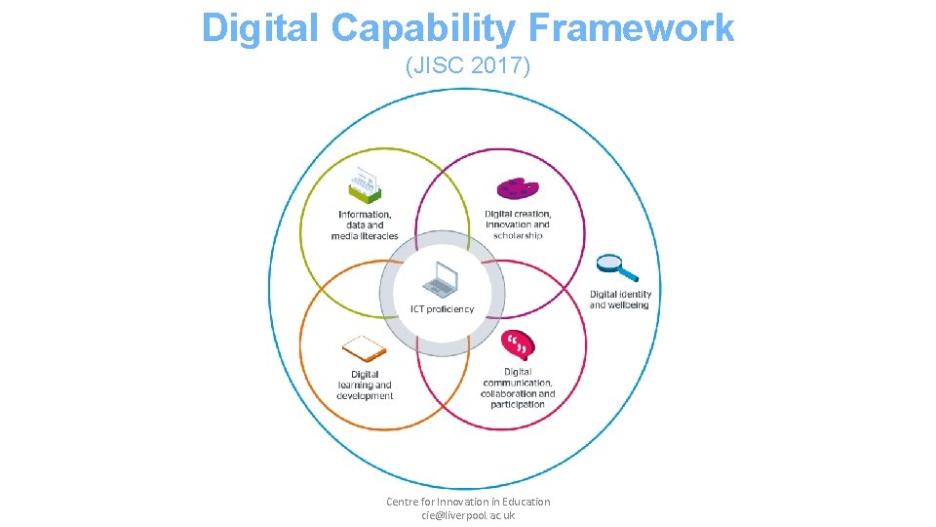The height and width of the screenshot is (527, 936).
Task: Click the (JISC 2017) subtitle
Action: [468, 66]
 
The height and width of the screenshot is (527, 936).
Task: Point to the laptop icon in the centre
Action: [441, 280]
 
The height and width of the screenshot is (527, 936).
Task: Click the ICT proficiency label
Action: [442, 309]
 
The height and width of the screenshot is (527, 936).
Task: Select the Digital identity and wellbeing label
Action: [620, 300]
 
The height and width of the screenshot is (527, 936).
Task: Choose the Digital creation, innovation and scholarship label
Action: [518, 224]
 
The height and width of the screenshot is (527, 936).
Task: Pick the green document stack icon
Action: [364, 186]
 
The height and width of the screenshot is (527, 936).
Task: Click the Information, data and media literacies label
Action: [365, 224]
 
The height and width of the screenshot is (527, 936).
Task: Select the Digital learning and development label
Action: [365, 385]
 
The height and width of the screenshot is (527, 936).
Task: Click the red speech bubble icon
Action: [518, 345]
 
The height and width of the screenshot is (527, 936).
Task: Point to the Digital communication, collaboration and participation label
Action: [518, 387]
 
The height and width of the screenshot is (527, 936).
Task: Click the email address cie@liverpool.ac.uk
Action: [468, 515]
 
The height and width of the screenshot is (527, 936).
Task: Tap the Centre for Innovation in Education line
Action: [468, 502]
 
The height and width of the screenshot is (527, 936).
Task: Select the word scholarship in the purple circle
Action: [518, 235]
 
